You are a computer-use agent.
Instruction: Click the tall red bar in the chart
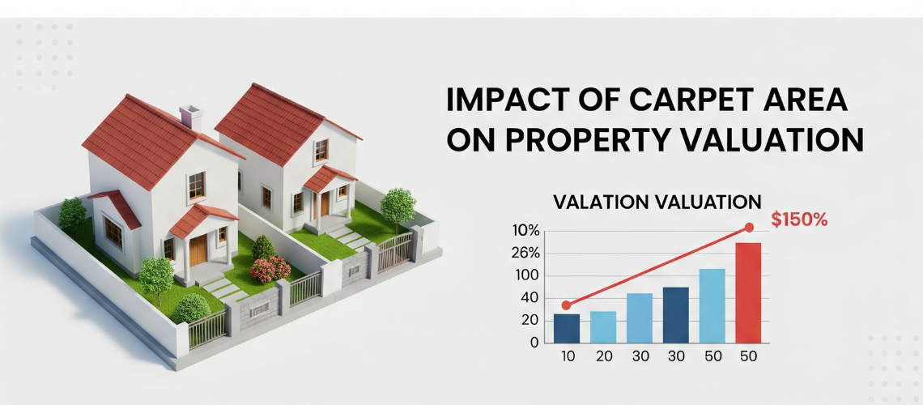(748, 292)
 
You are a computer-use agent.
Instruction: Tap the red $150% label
(799, 220)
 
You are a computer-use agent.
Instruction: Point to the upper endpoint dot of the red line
(749, 228)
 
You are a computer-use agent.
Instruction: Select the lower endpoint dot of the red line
(566, 305)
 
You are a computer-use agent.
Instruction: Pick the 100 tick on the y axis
(527, 276)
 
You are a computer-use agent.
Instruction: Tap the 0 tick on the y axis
(534, 343)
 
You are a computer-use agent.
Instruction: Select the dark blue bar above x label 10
(566, 329)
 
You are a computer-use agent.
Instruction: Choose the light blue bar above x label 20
(602, 327)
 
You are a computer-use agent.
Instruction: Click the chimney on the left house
(191, 117)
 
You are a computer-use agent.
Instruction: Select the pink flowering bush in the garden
(270, 269)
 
